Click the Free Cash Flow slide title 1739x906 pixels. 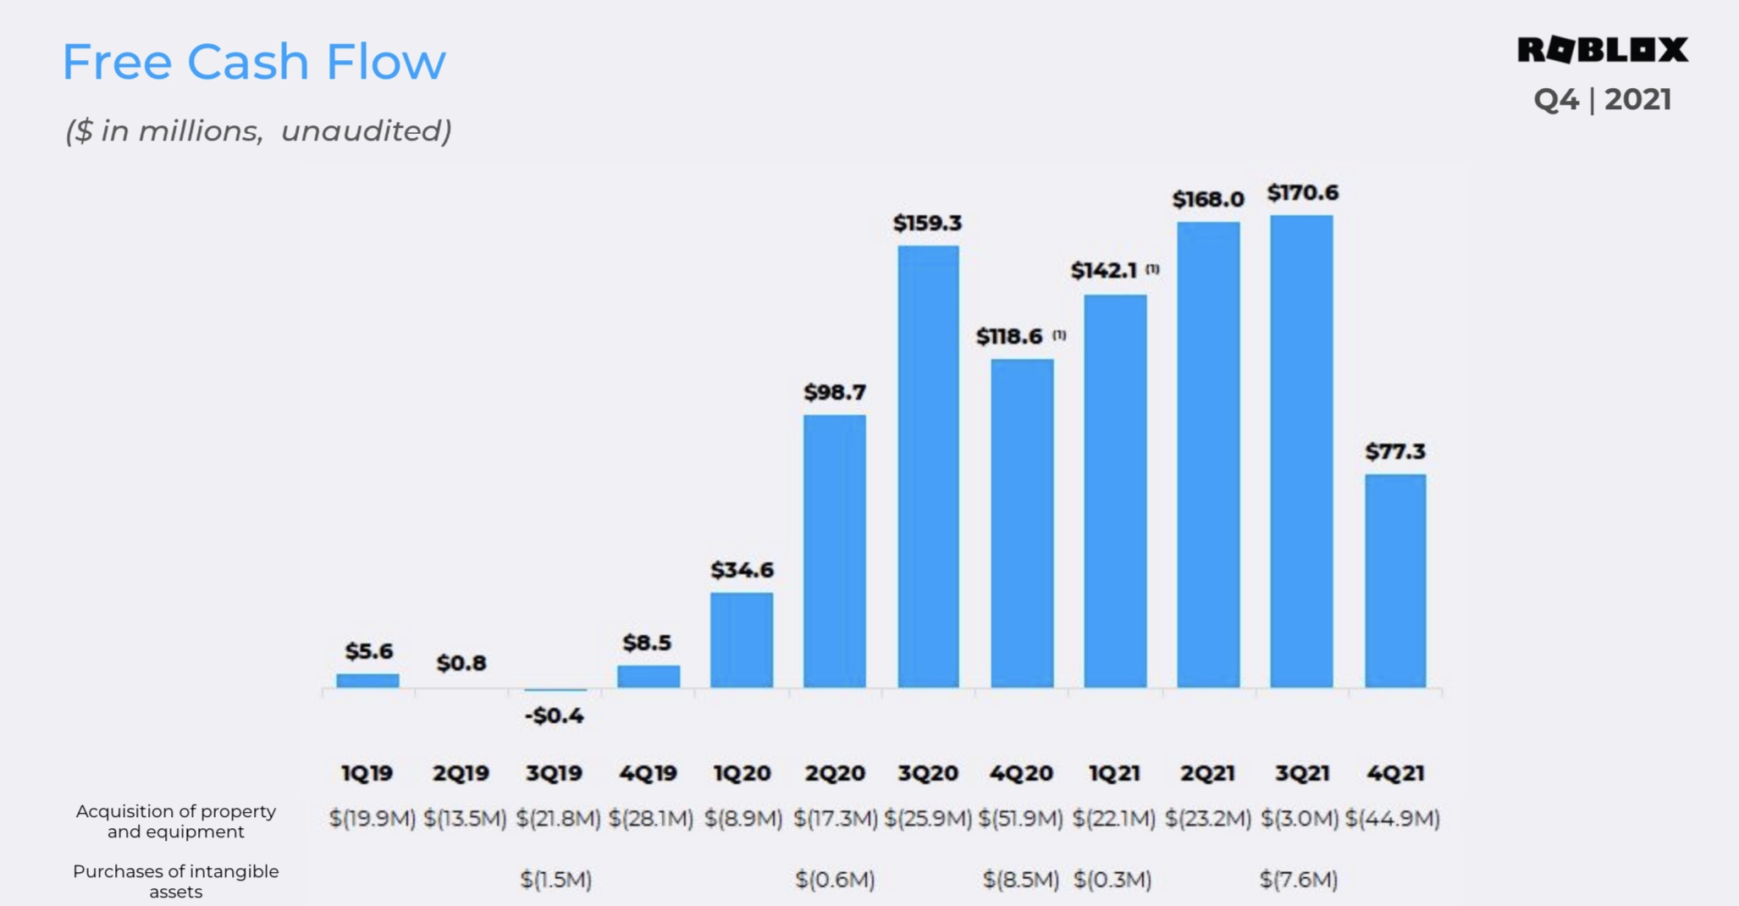(x=254, y=62)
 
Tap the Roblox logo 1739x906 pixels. (x=1602, y=50)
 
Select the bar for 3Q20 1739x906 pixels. (x=928, y=466)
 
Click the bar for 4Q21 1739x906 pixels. (x=1394, y=581)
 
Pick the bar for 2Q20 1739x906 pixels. (x=835, y=550)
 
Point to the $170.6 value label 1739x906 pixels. (x=1302, y=193)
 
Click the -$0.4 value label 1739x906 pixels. (x=555, y=716)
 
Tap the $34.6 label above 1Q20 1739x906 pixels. (x=742, y=570)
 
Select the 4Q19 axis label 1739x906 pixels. (x=648, y=773)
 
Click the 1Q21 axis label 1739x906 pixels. (x=1114, y=773)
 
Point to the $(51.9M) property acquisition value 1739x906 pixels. (x=1020, y=819)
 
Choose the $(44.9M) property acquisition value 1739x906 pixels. (x=1393, y=819)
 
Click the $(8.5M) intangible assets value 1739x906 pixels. (x=1020, y=880)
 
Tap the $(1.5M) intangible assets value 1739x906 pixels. (x=555, y=880)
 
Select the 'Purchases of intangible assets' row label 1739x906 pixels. (x=176, y=881)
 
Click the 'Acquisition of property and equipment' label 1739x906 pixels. (x=176, y=820)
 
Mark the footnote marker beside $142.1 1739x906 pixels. (x=1152, y=269)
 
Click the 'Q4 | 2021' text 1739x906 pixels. (x=1602, y=100)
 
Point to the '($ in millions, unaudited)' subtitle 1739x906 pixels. (x=258, y=130)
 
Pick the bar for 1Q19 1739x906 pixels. (x=367, y=680)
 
